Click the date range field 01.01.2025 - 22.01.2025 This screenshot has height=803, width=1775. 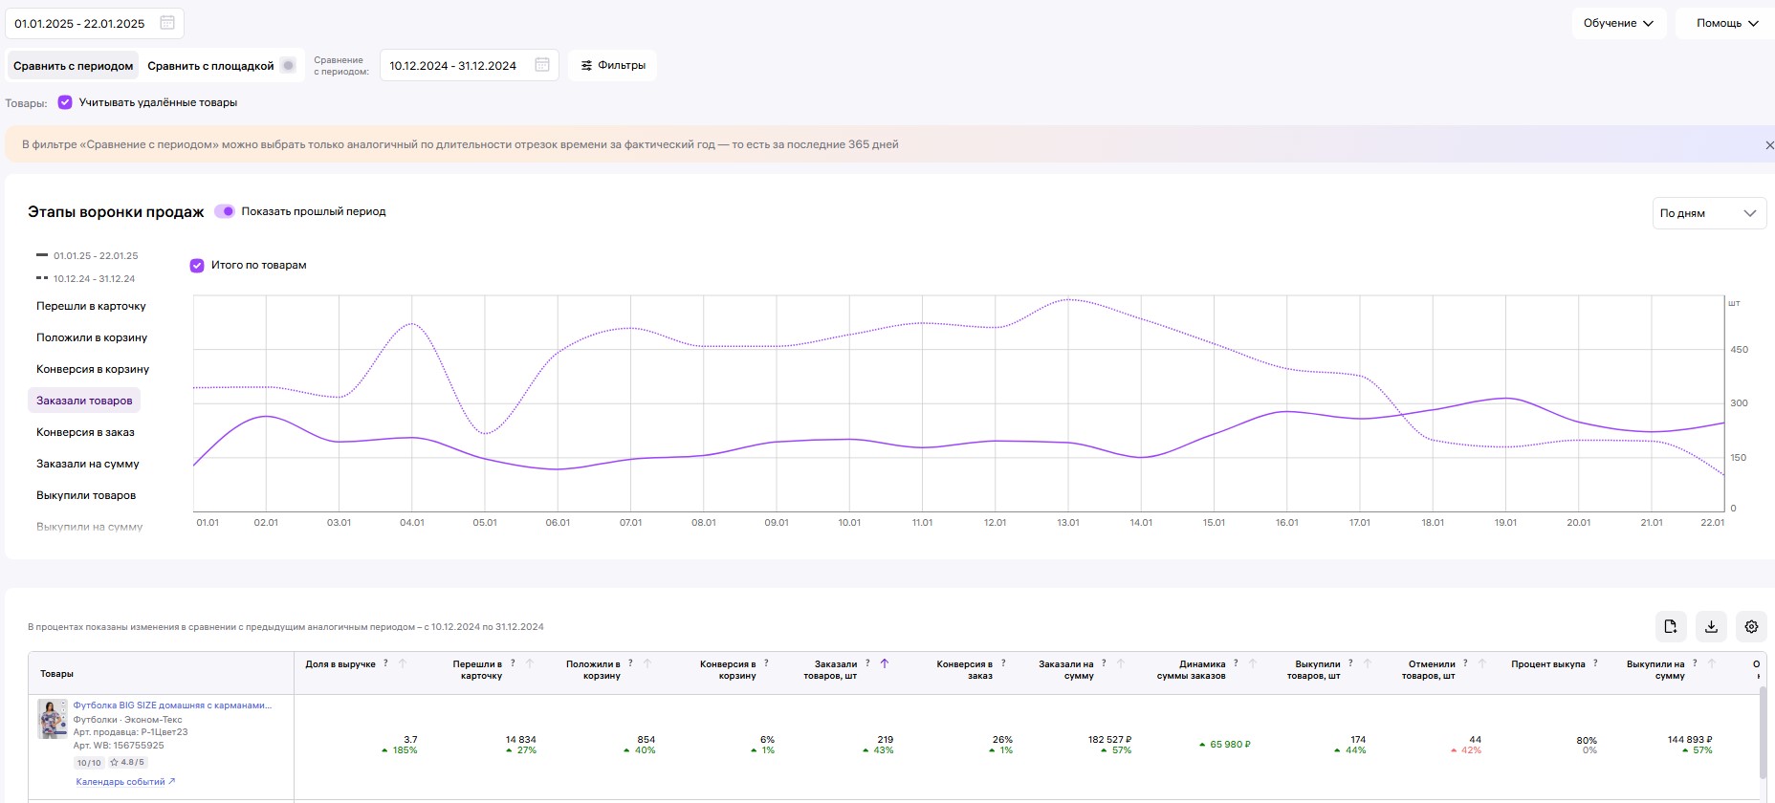94,23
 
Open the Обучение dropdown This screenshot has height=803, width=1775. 1618,23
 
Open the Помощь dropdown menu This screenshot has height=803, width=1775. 1725,23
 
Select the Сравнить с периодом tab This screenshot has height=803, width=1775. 74,66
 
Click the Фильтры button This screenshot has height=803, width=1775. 613,65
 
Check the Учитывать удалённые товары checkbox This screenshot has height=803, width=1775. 65,102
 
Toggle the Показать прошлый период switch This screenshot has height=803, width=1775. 225,211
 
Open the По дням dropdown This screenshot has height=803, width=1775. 1709,213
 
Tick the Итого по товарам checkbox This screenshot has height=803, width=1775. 197,265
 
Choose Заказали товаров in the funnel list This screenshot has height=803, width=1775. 84,401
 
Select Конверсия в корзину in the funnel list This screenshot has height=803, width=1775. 93,369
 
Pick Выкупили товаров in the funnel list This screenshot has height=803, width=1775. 86,495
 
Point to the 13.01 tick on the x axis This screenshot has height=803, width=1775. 1068,523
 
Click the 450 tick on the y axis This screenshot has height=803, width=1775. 1739,350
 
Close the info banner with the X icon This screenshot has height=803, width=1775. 1769,145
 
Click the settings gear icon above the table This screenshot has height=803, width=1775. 1751,626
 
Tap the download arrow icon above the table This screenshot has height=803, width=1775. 1711,626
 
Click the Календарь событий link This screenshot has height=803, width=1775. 125,782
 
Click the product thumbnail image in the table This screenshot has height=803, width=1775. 53,719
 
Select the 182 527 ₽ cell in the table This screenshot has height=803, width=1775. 1109,740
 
